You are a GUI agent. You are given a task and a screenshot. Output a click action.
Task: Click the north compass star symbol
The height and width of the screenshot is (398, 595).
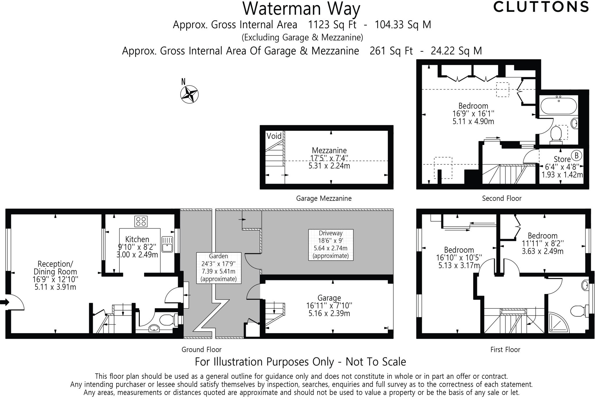tap(189, 94)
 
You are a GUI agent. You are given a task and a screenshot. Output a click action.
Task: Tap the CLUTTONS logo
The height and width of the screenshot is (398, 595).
tap(541, 7)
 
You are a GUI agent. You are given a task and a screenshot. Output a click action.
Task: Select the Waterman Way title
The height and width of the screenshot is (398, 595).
tap(301, 8)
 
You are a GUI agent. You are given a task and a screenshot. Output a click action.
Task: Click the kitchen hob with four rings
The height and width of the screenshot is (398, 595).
tap(141, 221)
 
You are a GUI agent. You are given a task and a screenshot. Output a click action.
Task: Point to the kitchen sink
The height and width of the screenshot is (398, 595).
tap(167, 244)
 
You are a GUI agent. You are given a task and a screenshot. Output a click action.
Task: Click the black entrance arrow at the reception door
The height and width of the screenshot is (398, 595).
tap(5, 302)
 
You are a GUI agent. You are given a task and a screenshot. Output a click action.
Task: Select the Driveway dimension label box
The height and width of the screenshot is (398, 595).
tap(331, 245)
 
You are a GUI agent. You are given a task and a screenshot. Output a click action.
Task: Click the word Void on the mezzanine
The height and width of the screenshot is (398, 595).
tap(274, 136)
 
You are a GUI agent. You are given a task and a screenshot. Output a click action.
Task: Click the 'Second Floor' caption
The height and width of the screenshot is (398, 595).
tap(502, 198)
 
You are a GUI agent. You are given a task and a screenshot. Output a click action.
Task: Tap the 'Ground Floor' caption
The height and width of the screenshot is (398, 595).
tap(202, 349)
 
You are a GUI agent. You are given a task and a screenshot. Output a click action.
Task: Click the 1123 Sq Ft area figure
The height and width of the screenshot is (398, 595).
tap(332, 25)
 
